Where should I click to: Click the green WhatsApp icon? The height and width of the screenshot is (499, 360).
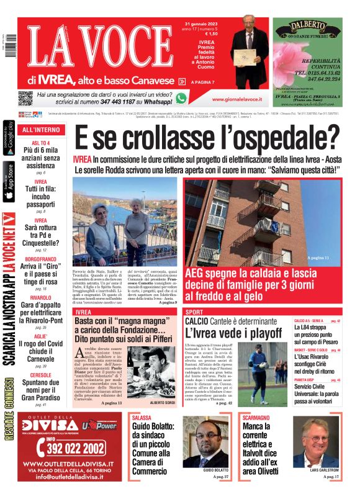181,98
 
